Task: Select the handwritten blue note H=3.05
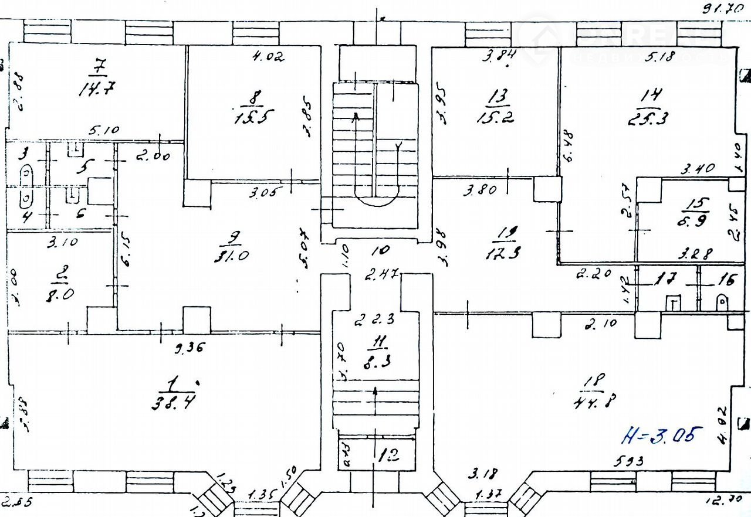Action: (662, 436)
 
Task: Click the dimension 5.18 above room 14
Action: (661, 57)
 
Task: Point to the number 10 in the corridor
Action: (380, 250)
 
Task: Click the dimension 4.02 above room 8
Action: (268, 57)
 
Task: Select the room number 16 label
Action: (726, 280)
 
